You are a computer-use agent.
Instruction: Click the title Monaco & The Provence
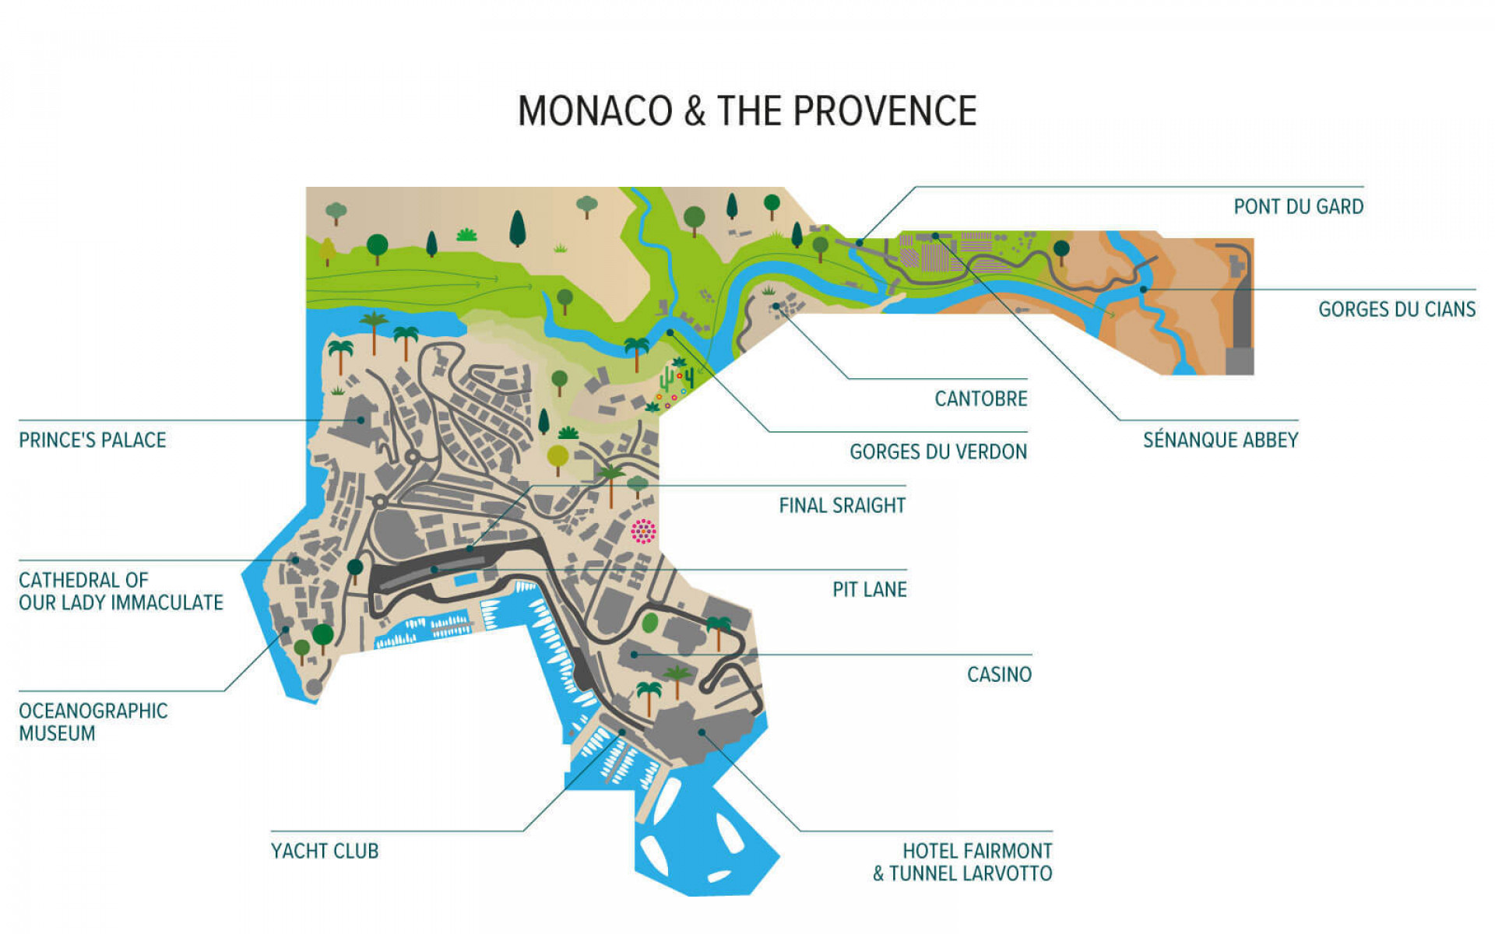coord(747,111)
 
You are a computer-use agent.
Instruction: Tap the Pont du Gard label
coord(1298,207)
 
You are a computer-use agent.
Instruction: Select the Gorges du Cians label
coord(1396,310)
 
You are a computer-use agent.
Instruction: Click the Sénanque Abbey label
coord(1220,441)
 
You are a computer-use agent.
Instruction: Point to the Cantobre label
coord(980,399)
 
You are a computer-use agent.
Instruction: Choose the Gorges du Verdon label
coord(937,452)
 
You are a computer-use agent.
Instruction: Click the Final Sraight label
coord(842,506)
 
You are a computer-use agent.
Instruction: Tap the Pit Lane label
coord(869,590)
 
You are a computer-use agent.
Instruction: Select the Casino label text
coord(999,675)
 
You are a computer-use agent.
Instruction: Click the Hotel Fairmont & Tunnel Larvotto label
coord(963,862)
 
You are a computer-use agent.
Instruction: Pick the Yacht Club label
coord(325,851)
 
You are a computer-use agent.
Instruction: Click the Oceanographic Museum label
coord(93,722)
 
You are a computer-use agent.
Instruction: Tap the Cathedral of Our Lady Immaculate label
coord(121,592)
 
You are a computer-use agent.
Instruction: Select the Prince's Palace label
coord(92,441)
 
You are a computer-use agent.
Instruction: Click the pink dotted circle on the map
coord(643,532)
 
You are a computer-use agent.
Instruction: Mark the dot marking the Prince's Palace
coord(361,420)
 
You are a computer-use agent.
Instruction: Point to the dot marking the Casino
coord(635,655)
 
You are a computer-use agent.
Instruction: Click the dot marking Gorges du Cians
coord(1143,290)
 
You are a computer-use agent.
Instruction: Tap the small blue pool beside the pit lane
coord(465,581)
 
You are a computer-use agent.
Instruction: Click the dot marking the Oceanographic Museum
coord(286,630)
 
